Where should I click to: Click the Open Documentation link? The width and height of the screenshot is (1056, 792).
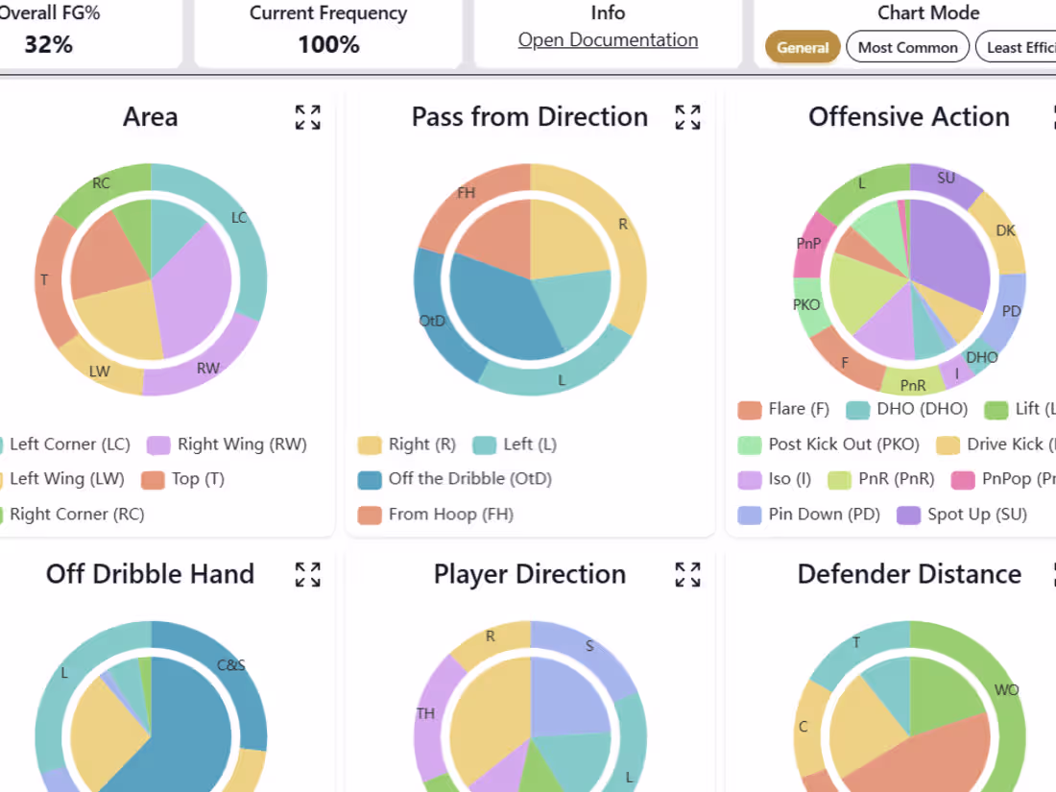(608, 39)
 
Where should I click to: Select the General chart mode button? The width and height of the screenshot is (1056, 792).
(803, 47)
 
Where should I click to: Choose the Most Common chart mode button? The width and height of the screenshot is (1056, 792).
(907, 47)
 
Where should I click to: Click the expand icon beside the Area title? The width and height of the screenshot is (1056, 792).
(307, 117)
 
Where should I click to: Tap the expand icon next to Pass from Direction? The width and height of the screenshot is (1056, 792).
(687, 117)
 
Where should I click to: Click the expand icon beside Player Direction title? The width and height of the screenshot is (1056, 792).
(687, 574)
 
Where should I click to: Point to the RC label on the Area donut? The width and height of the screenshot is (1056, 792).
(101, 183)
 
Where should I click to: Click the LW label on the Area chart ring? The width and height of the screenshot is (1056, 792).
(100, 371)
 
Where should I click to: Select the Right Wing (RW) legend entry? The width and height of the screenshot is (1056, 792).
(227, 444)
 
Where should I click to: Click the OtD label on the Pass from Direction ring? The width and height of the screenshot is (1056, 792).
(432, 321)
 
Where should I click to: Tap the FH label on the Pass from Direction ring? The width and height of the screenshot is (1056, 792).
(467, 193)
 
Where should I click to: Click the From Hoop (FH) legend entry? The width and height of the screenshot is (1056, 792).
(436, 515)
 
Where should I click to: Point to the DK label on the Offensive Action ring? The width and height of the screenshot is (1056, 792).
(1005, 230)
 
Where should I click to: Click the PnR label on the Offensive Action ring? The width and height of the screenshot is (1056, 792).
(914, 385)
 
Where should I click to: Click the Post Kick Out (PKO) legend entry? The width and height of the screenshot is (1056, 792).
(829, 444)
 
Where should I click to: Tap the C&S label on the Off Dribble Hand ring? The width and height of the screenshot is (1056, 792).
(231, 663)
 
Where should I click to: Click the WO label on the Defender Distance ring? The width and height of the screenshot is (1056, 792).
(1007, 689)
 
